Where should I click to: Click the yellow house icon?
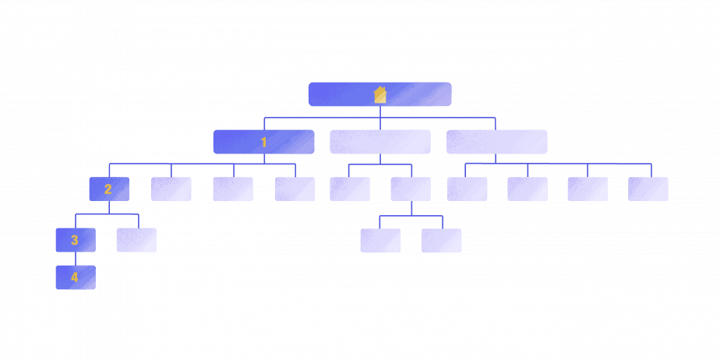pyautogui.click(x=380, y=94)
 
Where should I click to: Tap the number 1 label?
pyautogui.click(x=264, y=142)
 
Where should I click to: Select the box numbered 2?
pyautogui.click(x=108, y=189)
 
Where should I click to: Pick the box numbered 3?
pyautogui.click(x=75, y=240)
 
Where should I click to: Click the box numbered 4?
pyautogui.click(x=75, y=277)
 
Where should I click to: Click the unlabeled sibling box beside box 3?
pyautogui.click(x=136, y=240)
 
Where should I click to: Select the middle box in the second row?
pyautogui.click(x=380, y=142)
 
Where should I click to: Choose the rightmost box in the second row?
pyautogui.click(x=496, y=142)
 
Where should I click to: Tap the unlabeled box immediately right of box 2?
pyautogui.click(x=171, y=189)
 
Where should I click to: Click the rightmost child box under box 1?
pyautogui.click(x=295, y=189)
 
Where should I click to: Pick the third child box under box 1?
pyautogui.click(x=233, y=189)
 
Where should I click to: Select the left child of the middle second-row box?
pyautogui.click(x=350, y=189)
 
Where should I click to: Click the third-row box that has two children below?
pyautogui.click(x=411, y=189)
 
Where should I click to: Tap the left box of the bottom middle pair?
pyautogui.click(x=380, y=241)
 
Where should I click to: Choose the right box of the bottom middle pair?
pyautogui.click(x=441, y=241)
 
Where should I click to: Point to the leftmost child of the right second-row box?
pyautogui.click(x=467, y=189)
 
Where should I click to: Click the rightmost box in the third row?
pyautogui.click(x=648, y=189)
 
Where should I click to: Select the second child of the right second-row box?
pyautogui.click(x=528, y=189)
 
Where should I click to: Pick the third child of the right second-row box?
pyautogui.click(x=588, y=189)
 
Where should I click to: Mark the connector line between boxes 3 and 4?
pyautogui.click(x=75, y=259)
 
